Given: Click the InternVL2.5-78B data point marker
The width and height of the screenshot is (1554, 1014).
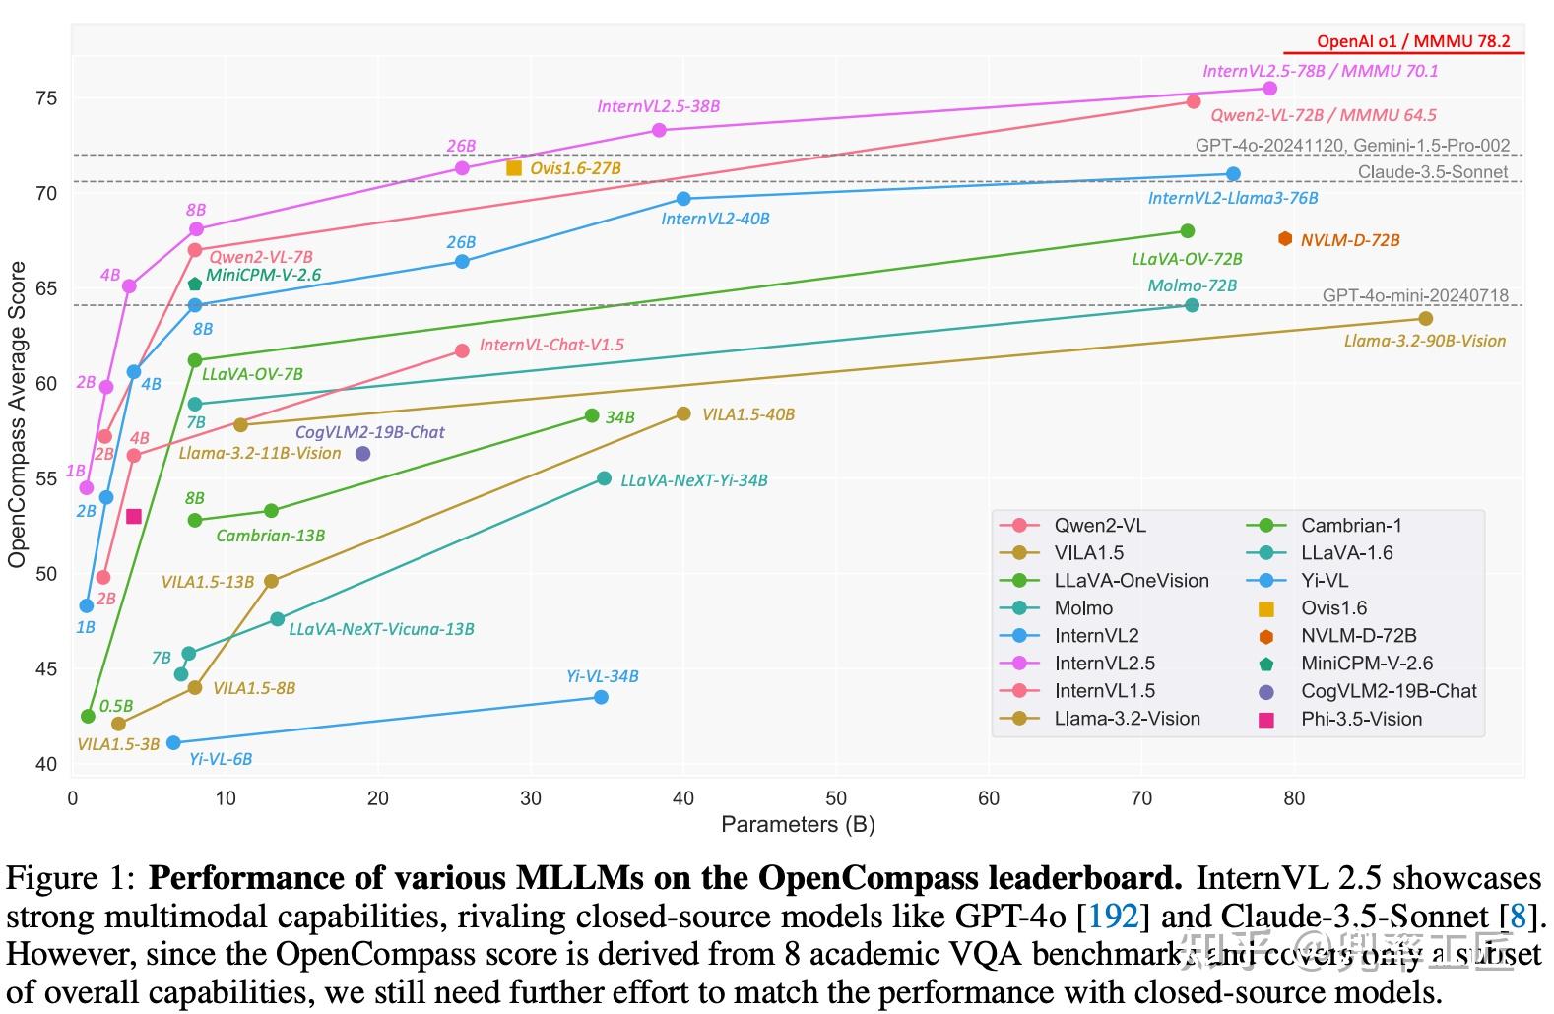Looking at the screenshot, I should coord(1269,89).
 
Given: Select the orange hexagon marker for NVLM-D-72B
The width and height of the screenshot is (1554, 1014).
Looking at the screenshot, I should coord(1284,239).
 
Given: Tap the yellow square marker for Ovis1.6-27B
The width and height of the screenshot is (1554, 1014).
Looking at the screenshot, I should coord(513,168).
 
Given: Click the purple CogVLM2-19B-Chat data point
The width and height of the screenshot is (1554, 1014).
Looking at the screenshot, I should coord(362,454).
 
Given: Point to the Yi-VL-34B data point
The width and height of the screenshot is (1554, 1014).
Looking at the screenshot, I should coord(601,697).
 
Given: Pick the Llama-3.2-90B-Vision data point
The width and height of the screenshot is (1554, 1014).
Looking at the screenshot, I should coord(1425,318).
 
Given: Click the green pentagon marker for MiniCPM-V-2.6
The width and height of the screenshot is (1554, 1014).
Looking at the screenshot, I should coord(195,285).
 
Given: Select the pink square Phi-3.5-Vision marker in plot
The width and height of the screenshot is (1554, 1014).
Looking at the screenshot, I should coord(134,516).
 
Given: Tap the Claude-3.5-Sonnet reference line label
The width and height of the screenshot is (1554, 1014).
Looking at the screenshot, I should coord(1432,172).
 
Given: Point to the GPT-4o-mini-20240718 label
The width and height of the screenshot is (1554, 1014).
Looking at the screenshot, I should coord(1414,295).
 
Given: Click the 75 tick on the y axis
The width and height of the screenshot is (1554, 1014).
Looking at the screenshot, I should coord(47,98).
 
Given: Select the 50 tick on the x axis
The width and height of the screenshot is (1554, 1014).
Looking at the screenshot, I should coord(836,798).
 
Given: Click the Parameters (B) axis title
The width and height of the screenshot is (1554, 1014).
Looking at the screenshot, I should coord(798,824).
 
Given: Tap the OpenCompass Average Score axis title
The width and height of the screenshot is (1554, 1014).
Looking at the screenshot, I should coord(17,413).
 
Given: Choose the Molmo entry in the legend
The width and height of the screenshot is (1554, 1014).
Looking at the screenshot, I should coord(1082,608).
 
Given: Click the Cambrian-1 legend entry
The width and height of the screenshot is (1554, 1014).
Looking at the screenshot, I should coord(1350,526).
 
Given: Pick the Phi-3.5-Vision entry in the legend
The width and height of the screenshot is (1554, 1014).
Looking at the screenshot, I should coord(1360,719).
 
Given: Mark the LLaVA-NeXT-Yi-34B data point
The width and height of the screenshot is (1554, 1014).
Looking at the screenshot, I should coord(604,479).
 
